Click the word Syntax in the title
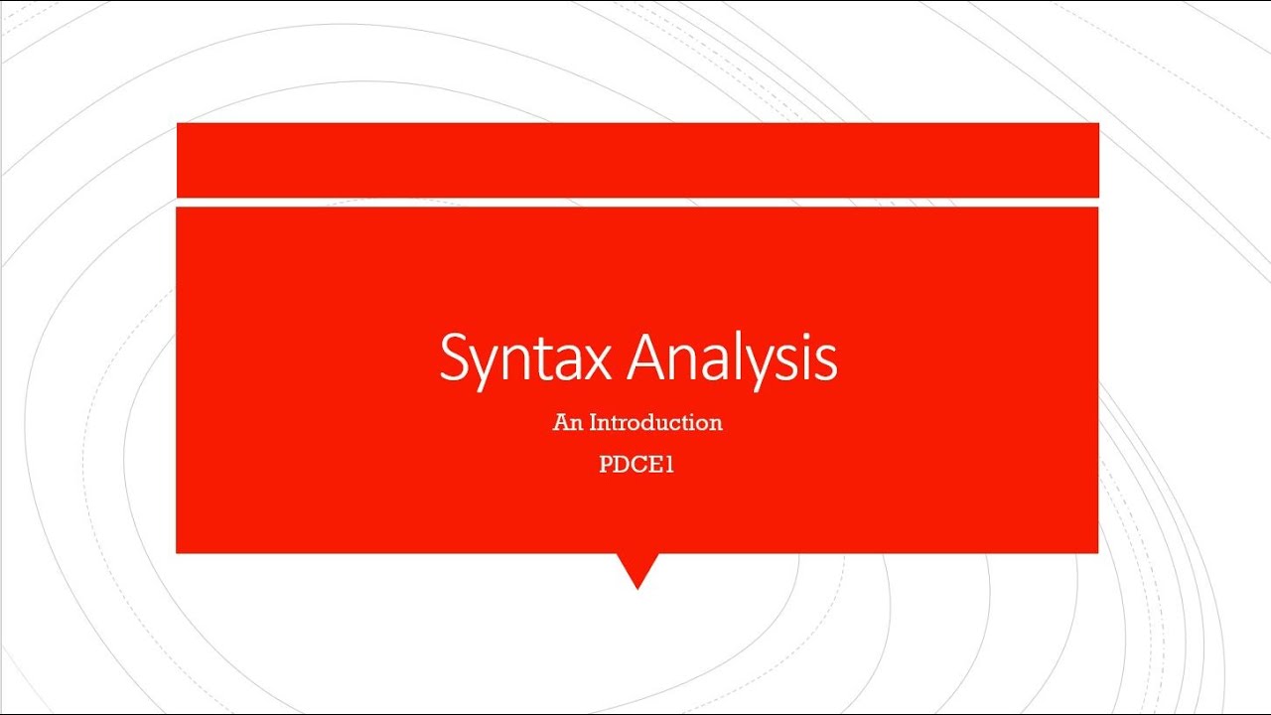pos(525,358)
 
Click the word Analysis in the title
pos(733,358)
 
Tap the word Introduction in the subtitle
pos(655,422)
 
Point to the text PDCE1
pos(636,465)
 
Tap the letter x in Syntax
pos(597,362)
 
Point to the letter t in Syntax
pos(542,360)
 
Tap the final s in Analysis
pos(825,363)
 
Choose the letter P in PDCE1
pos(606,465)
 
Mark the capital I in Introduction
pos(594,422)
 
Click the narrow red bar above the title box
pos(636,160)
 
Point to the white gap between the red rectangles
pos(636,203)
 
